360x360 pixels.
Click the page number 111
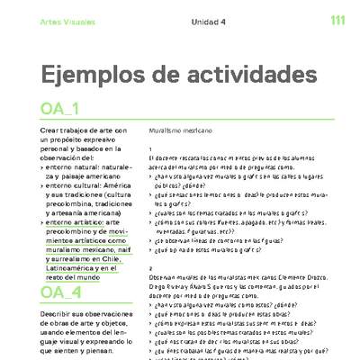coord(338,20)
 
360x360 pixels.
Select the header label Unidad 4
coord(209,21)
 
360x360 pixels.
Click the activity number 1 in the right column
coord(151,149)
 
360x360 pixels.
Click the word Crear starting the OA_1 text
coord(51,131)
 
